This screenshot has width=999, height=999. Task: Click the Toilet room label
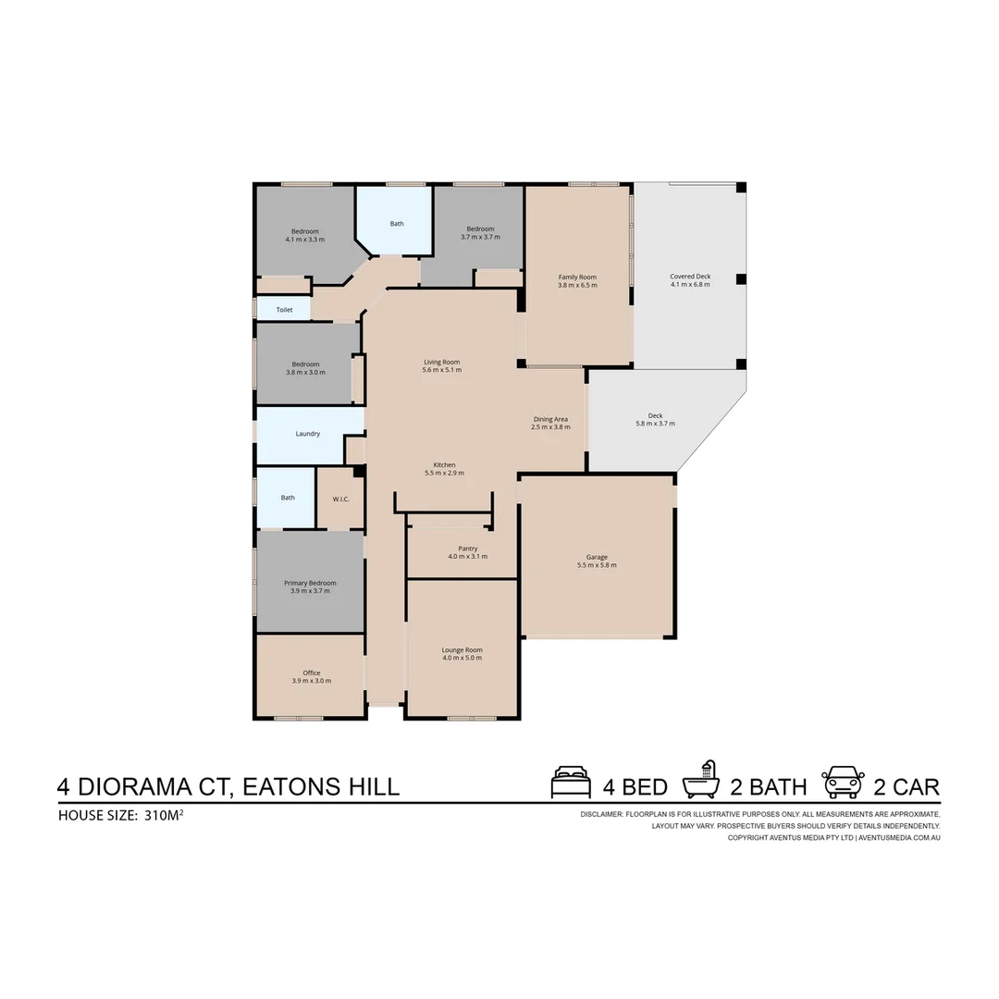[284, 310]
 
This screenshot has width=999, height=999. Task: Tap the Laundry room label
[308, 434]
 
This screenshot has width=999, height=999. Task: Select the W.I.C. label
[339, 499]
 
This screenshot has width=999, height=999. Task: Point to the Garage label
[597, 557]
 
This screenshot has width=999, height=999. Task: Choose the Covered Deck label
[690, 277]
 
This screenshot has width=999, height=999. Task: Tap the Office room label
[312, 672]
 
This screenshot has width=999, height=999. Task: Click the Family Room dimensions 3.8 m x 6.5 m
[577, 285]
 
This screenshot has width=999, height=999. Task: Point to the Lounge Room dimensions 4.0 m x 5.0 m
[462, 658]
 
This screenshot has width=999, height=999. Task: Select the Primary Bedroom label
[310, 583]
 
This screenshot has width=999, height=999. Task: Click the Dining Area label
[550, 419]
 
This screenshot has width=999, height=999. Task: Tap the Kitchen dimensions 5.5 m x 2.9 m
[444, 473]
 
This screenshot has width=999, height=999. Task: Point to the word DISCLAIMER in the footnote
[601, 814]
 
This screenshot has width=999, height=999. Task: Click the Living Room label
[441, 362]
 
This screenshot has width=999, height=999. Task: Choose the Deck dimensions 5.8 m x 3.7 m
[655, 424]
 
